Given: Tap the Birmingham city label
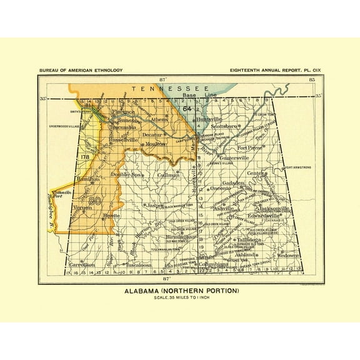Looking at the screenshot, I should click(x=182, y=237).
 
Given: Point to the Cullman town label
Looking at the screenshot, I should click(x=168, y=176).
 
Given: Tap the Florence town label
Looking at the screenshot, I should click(x=123, y=112).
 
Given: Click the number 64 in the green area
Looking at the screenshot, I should click(x=187, y=109).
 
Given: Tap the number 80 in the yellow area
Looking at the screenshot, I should click(x=95, y=201).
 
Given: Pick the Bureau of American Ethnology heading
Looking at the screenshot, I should click(x=80, y=71).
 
